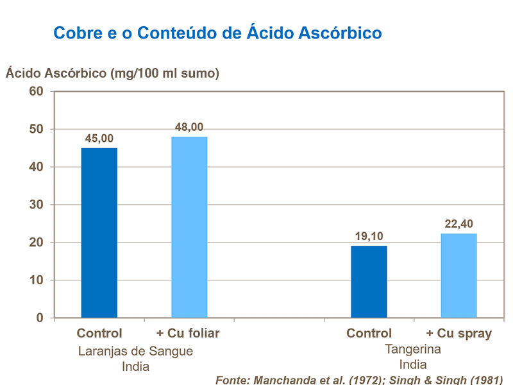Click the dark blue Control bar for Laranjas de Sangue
click(x=99, y=233)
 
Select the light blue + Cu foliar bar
click(x=189, y=227)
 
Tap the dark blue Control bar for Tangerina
click(x=369, y=282)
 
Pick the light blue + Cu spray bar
click(x=458, y=275)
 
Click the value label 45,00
click(x=99, y=139)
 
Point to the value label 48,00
click(x=189, y=127)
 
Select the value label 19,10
click(x=369, y=236)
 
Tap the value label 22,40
click(x=458, y=224)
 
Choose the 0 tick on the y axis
click(x=39, y=318)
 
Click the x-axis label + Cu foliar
click(x=188, y=334)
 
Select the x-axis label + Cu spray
click(x=459, y=334)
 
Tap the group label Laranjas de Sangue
click(x=135, y=352)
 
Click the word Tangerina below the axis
click(x=413, y=350)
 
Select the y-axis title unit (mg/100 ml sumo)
click(x=165, y=73)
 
